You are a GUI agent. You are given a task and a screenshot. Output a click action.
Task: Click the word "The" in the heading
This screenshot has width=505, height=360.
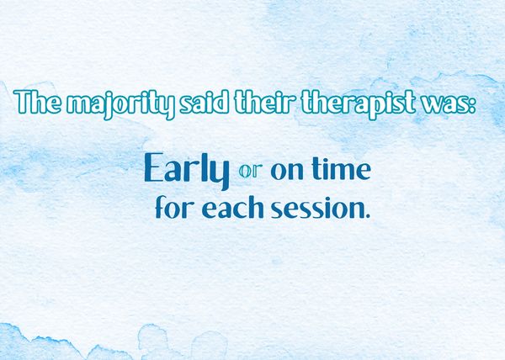(x=37, y=101)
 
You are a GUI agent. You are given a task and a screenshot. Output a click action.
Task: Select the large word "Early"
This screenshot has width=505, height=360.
(x=187, y=171)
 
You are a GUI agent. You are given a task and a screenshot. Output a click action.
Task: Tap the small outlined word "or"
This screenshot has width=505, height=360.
(x=250, y=172)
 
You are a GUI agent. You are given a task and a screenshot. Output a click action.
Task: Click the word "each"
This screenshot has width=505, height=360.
(x=232, y=207)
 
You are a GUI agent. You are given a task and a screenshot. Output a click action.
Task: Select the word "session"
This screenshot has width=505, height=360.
(x=317, y=208)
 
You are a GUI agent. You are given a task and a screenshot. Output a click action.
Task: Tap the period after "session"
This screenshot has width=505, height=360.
(x=368, y=216)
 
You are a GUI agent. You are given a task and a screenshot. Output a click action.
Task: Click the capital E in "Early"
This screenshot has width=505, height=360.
(x=154, y=167)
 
